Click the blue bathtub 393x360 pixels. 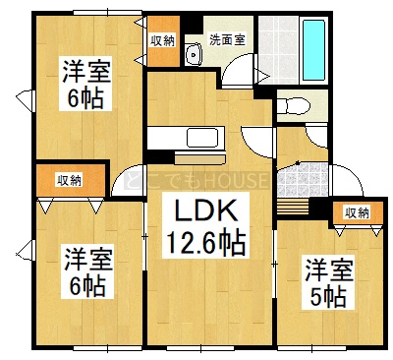tap(313, 50)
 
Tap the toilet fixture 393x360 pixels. tap(294, 106)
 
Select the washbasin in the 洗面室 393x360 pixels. tap(194, 54)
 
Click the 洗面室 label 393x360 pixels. tap(228, 40)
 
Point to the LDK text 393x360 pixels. tap(206, 210)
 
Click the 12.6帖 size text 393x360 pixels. tap(206, 243)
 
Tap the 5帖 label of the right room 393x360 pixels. tap(328, 296)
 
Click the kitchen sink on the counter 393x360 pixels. tap(202, 138)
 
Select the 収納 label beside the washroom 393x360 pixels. tap(162, 41)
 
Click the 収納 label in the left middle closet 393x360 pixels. tap(70, 181)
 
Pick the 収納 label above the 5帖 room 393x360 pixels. tap(357, 213)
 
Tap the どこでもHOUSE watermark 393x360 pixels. tap(196, 180)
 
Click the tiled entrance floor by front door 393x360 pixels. tap(303, 179)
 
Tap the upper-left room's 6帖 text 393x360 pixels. tap(85, 98)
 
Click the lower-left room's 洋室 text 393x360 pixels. tap(88, 260)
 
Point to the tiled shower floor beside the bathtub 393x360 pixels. tap(278, 50)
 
